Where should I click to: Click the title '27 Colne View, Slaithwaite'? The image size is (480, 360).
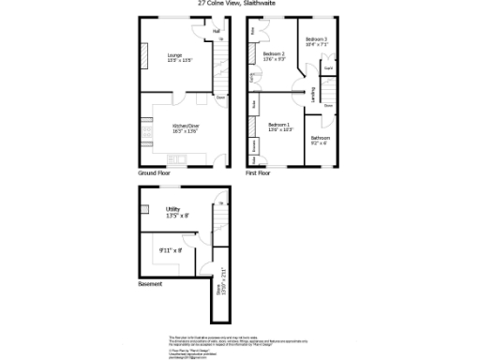[239, 4]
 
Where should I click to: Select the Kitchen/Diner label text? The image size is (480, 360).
[186, 127]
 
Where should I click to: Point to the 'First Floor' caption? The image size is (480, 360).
[258, 173]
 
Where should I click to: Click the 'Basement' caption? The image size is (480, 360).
[150, 283]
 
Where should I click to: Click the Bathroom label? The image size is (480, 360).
[321, 140]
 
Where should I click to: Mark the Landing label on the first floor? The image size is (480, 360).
[312, 95]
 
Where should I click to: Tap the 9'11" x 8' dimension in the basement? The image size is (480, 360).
[170, 250]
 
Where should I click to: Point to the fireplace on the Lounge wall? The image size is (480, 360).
[144, 58]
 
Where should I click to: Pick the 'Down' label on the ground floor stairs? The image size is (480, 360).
[220, 97]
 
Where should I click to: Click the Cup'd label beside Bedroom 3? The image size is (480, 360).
[328, 68]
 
